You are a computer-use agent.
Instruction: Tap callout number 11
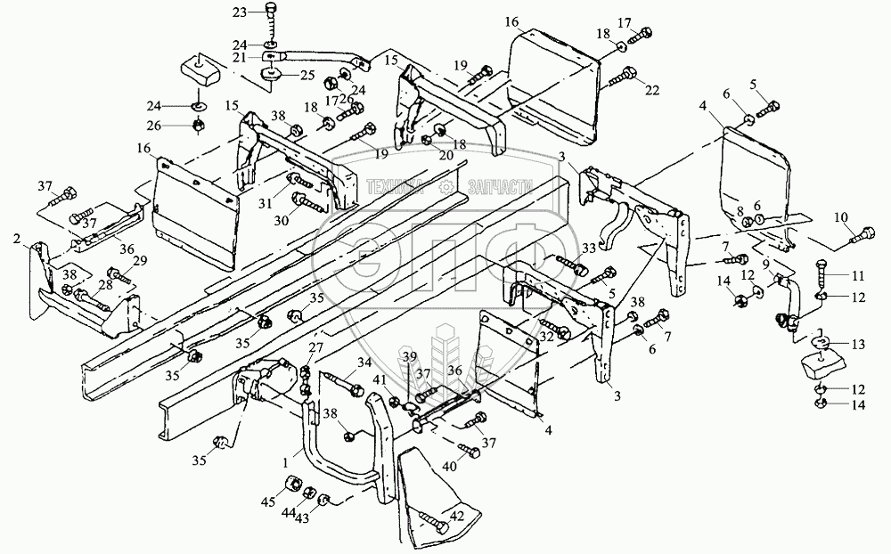point(859,275)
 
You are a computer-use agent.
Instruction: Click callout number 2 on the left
point(18,239)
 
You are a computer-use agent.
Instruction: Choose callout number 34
point(364,361)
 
